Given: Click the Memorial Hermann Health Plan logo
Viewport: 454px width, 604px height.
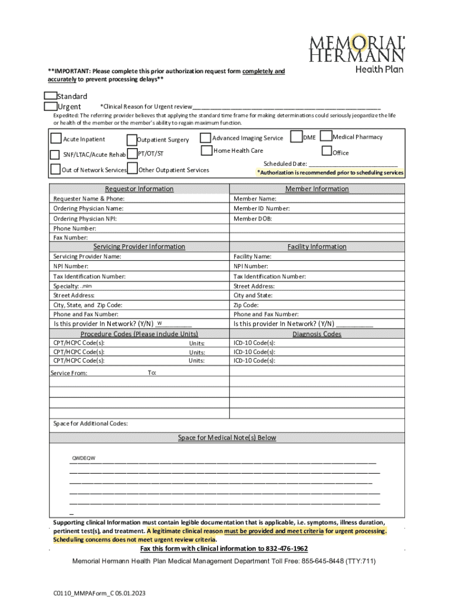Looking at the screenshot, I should tap(357, 52).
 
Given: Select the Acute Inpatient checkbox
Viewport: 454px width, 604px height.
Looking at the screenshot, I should tap(55, 139).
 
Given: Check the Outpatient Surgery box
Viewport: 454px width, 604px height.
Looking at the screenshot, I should tap(131, 140).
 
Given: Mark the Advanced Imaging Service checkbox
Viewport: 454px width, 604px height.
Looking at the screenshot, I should tap(206, 138).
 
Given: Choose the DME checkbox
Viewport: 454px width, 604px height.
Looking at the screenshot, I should tap(297, 137).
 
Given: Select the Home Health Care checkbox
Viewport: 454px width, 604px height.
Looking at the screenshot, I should tap(206, 150).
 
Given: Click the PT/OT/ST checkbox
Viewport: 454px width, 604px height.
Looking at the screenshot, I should tap(131, 154).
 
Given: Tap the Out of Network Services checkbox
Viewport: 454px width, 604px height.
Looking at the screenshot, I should tap(55, 170).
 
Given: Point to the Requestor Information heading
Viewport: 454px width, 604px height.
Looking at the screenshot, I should tap(139, 189).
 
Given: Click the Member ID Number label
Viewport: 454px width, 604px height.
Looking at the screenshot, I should tap(261, 209).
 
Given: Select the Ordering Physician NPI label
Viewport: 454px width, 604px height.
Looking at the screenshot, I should tap(85, 218).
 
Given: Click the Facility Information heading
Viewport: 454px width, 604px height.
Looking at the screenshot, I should tap(317, 247).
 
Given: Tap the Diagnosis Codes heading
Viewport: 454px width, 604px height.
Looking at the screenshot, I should tap(317, 334).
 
